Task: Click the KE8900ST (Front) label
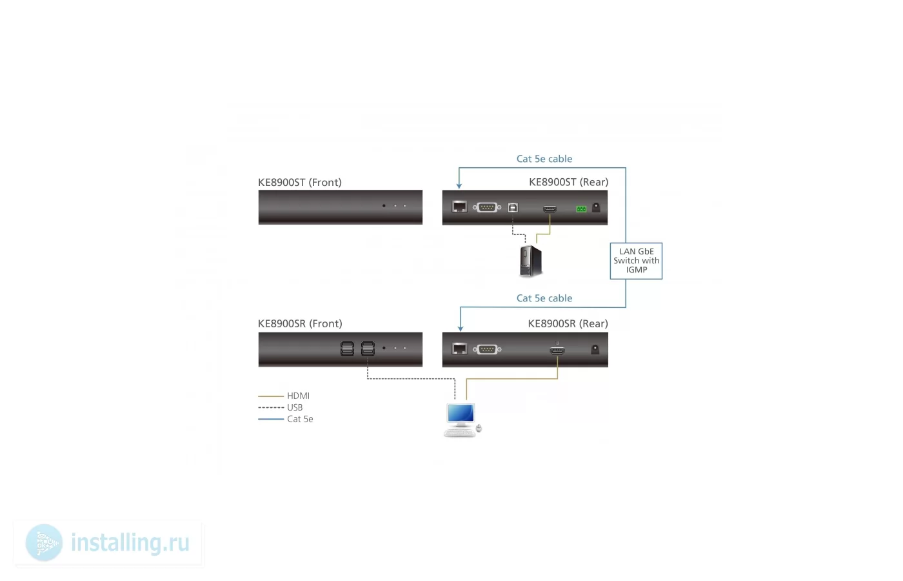pos(299,182)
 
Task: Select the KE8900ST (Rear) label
pos(568,182)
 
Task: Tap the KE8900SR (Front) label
pos(300,323)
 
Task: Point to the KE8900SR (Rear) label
pos(568,323)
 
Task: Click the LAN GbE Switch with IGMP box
pos(636,261)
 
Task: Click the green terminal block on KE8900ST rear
pos(581,209)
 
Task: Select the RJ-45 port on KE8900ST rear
pos(459,207)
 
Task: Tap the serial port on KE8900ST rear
pos(487,207)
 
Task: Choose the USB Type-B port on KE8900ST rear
pos(512,207)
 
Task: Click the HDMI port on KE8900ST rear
pos(550,209)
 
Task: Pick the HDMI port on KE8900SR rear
pos(557,350)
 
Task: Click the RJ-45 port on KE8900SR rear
pos(459,348)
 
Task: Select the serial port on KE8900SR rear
pos(487,349)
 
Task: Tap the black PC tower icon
pos(530,261)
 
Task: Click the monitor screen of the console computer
pos(461,413)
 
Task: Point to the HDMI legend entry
pos(284,396)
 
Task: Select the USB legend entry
pos(281,407)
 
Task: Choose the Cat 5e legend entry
pos(285,419)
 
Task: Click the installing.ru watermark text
pos(130,543)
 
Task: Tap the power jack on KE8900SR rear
pos(595,349)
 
